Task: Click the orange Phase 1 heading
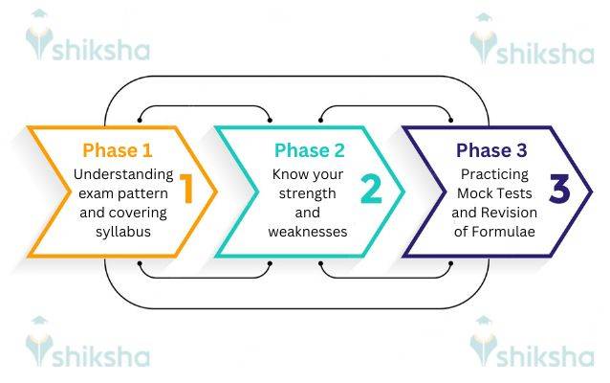pyautogui.click(x=117, y=150)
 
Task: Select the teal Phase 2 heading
pyautogui.click(x=309, y=150)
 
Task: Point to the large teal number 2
pyautogui.click(x=372, y=190)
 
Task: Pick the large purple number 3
pyautogui.click(x=559, y=190)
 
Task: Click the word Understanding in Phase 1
pyautogui.click(x=123, y=175)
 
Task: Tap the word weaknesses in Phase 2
pyautogui.click(x=309, y=233)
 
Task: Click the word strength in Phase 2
pyautogui.click(x=309, y=195)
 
